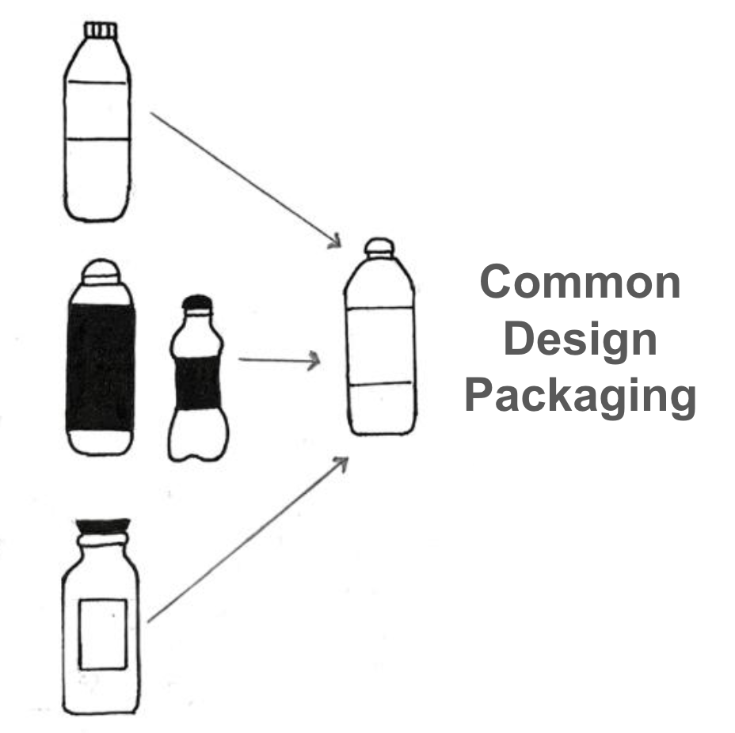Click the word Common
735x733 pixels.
pos(580,282)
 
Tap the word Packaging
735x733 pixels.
pos(580,396)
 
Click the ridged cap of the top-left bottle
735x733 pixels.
pos(101,31)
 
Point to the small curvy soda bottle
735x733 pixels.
pos(198,380)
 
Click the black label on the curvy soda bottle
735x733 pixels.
pos(198,383)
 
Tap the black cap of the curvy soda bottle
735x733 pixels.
pos(197,303)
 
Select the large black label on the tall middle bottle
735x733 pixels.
pos(101,368)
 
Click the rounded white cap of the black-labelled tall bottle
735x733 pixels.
pos(101,272)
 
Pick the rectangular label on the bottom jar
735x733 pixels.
pos(103,633)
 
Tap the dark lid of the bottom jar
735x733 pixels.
pos(101,526)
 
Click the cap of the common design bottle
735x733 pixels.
pos(379,246)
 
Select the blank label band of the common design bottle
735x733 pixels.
pos(380,346)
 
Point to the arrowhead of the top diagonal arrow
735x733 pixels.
pos(335,241)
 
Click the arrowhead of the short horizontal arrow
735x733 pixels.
pos(315,361)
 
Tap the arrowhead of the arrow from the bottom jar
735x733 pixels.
pos(342,462)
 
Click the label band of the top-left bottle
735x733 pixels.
pos(97,110)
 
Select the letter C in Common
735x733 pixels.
pos(497,282)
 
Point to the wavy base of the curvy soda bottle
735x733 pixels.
pos(198,447)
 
